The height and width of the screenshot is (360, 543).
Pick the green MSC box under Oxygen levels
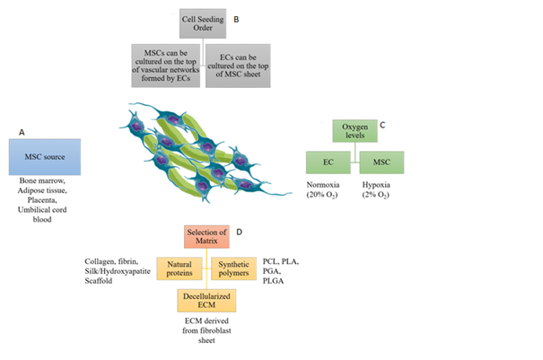(x=382, y=162)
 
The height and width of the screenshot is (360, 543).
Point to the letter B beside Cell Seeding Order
(x=236, y=17)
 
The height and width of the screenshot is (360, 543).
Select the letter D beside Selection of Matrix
(x=240, y=232)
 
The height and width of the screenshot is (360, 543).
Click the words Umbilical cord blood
(x=44, y=214)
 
